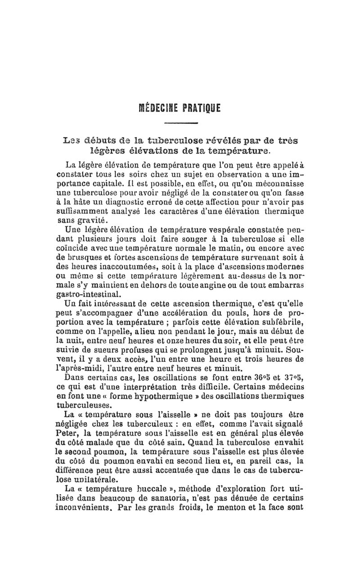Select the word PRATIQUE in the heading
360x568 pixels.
[202, 108]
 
